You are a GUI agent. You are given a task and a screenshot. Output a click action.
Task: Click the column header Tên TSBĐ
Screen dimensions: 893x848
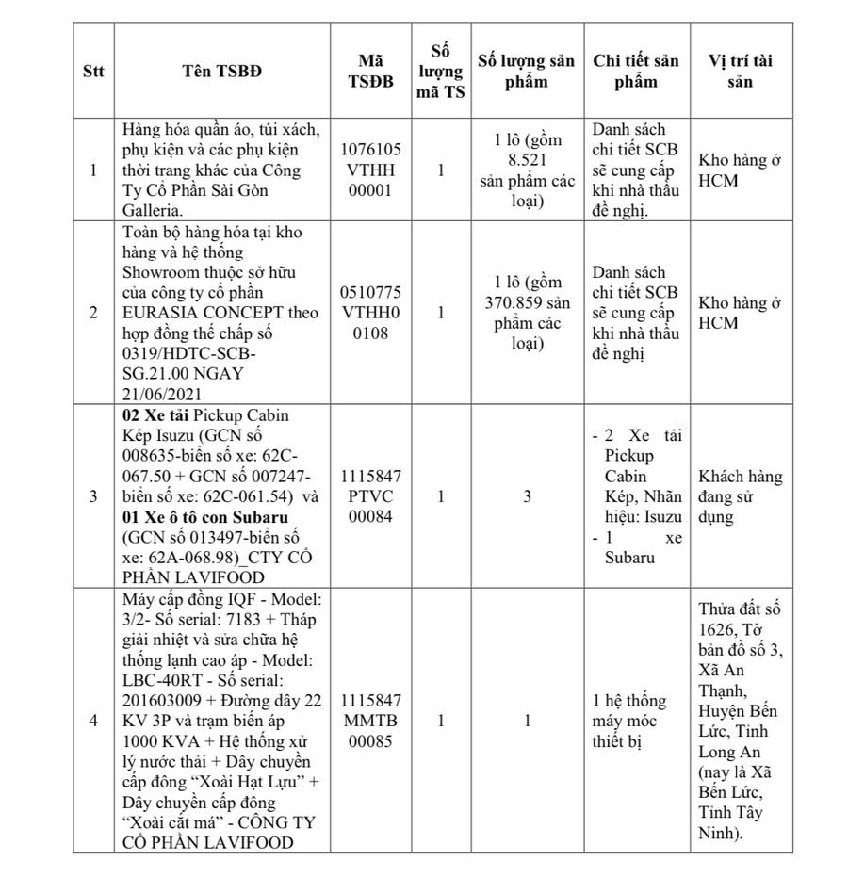pos(222,72)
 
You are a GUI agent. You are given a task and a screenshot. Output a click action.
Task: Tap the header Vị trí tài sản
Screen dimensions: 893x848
pos(741,72)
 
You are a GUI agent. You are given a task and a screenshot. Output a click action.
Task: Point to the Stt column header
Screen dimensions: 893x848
pos(93,72)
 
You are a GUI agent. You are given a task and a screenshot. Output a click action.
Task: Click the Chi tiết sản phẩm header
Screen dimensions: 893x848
pos(636,72)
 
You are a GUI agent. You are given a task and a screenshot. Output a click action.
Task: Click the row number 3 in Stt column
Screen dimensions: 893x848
pos(93,496)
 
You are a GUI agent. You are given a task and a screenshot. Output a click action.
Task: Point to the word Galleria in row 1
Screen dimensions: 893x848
pos(152,211)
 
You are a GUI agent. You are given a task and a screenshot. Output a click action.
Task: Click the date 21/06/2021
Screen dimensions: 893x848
pos(159,394)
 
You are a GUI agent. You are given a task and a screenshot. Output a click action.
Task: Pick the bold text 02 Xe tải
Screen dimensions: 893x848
pos(155,414)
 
